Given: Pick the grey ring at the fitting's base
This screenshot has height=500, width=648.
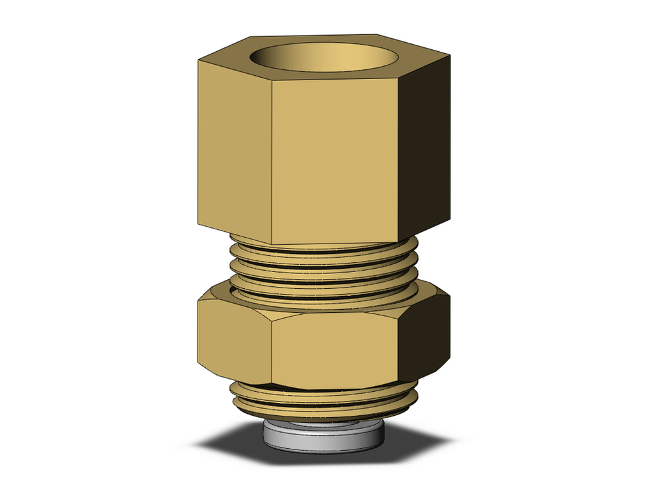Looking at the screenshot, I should point(323,437).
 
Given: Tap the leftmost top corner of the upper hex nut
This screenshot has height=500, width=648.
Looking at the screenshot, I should point(197,61).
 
